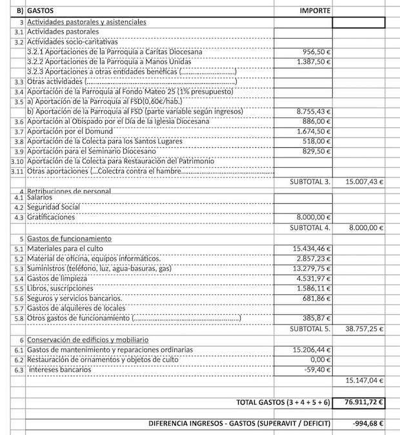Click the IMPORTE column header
[315, 11]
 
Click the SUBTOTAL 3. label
[310, 181]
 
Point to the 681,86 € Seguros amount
[317, 298]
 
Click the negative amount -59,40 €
[318, 370]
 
